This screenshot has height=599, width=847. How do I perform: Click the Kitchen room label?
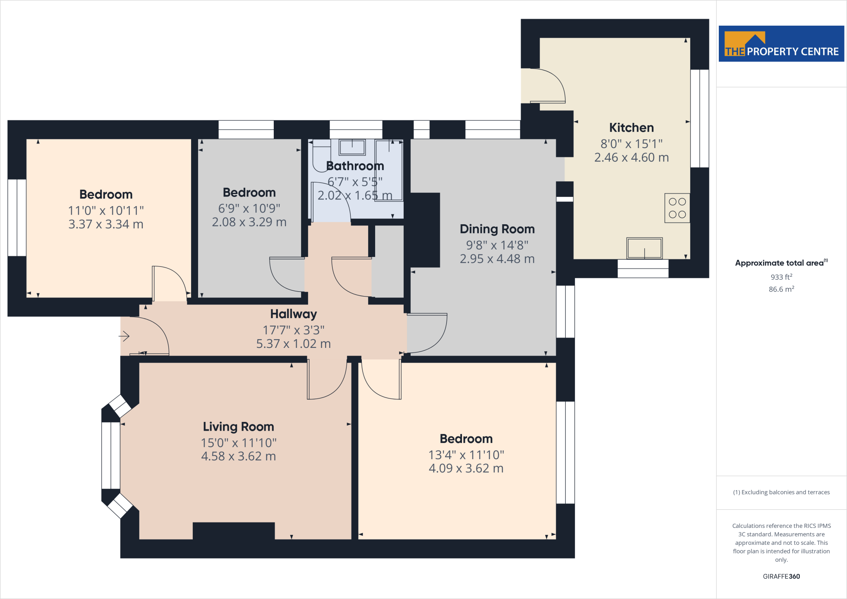point(631,128)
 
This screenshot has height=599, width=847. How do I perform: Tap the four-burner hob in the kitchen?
point(677,208)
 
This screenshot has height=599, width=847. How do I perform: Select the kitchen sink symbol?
point(644,248)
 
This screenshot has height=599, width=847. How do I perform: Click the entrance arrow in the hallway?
point(124,336)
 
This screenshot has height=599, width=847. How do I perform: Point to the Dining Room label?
point(497,229)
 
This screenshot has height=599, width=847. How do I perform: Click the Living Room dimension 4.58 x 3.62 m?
point(238,456)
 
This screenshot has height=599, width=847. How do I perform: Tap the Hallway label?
point(293,314)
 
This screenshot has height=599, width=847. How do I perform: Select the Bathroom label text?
point(355,166)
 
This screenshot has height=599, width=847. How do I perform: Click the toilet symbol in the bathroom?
point(321,156)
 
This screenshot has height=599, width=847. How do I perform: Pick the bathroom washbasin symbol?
point(352,147)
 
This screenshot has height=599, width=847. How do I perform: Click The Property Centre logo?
point(781,44)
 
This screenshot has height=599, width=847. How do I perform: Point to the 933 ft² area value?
point(781,277)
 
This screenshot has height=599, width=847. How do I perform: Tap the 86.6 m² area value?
point(781,289)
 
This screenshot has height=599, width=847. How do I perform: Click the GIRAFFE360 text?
point(781,576)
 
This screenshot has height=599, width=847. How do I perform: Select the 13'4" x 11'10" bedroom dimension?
point(466,455)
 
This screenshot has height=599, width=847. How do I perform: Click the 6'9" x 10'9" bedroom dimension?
point(249,208)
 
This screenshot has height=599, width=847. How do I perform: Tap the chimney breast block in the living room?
point(234,531)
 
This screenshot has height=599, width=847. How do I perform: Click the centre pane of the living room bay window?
point(111,455)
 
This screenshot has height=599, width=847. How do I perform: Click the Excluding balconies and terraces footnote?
point(781,492)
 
